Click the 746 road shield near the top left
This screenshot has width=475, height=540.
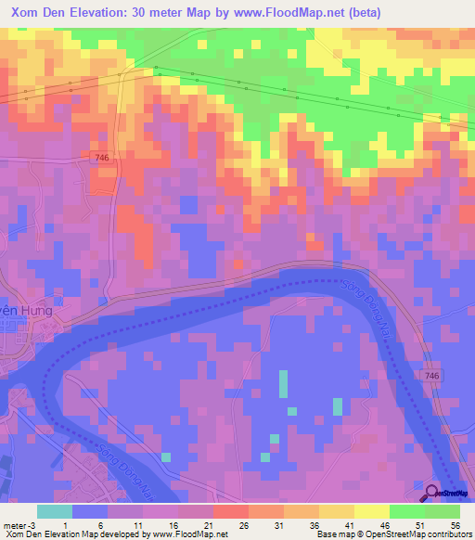pos(102,159)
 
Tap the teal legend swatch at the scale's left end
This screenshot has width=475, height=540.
pos(55,511)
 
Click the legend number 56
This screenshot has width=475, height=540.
pos(455,525)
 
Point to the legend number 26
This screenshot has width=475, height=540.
pos(244,525)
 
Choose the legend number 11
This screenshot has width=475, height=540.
pos(138,525)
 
